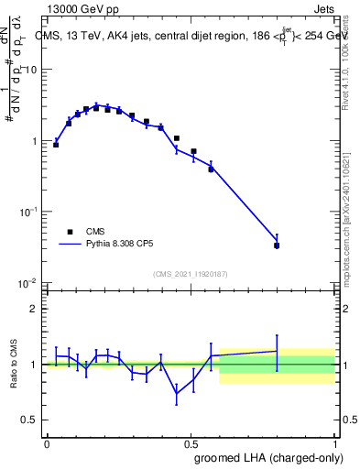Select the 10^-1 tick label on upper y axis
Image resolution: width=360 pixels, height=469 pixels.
pyautogui.click(x=29, y=212)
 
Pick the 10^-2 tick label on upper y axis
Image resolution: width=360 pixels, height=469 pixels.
pyautogui.click(x=29, y=282)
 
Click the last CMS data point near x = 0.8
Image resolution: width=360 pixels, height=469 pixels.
pyautogui.click(x=277, y=245)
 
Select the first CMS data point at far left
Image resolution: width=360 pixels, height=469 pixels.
pyautogui.click(x=56, y=145)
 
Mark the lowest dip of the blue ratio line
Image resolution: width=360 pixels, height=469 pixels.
pyautogui.click(x=177, y=394)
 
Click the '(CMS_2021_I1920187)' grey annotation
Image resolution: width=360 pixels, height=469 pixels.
pyautogui.click(x=191, y=273)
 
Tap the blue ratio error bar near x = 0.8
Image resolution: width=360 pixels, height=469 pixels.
pyautogui.click(x=277, y=352)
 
